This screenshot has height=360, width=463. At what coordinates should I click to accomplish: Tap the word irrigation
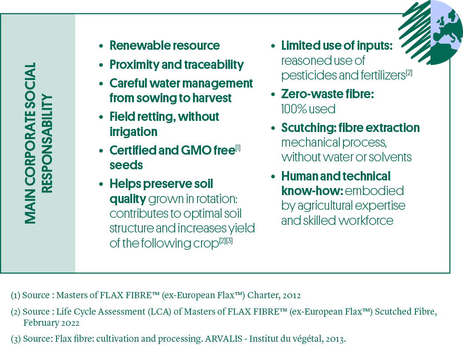coord(133,132)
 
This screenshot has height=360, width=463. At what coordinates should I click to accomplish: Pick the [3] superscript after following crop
coord(229,241)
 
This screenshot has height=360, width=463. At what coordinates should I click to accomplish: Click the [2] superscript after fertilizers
coord(409,73)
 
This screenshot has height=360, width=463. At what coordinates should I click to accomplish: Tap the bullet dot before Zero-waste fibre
coord(273,95)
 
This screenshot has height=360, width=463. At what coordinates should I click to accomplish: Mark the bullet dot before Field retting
coord(101,117)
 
